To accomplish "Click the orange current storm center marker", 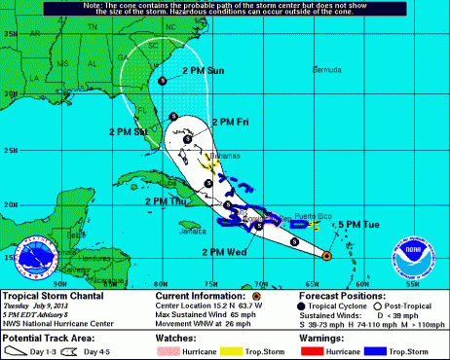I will pos(326,257).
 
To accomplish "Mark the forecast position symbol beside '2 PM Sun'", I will pos(161,82).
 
